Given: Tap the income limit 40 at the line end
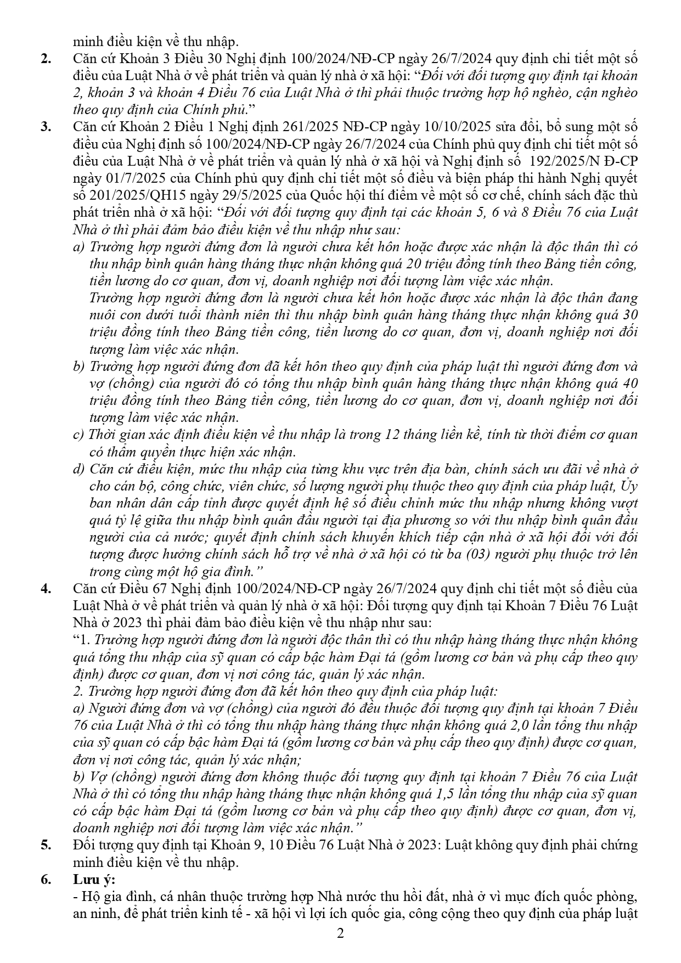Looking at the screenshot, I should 631,383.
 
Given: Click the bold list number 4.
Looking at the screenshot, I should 47,589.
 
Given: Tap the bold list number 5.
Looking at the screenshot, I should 47,845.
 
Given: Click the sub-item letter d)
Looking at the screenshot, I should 79,469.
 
